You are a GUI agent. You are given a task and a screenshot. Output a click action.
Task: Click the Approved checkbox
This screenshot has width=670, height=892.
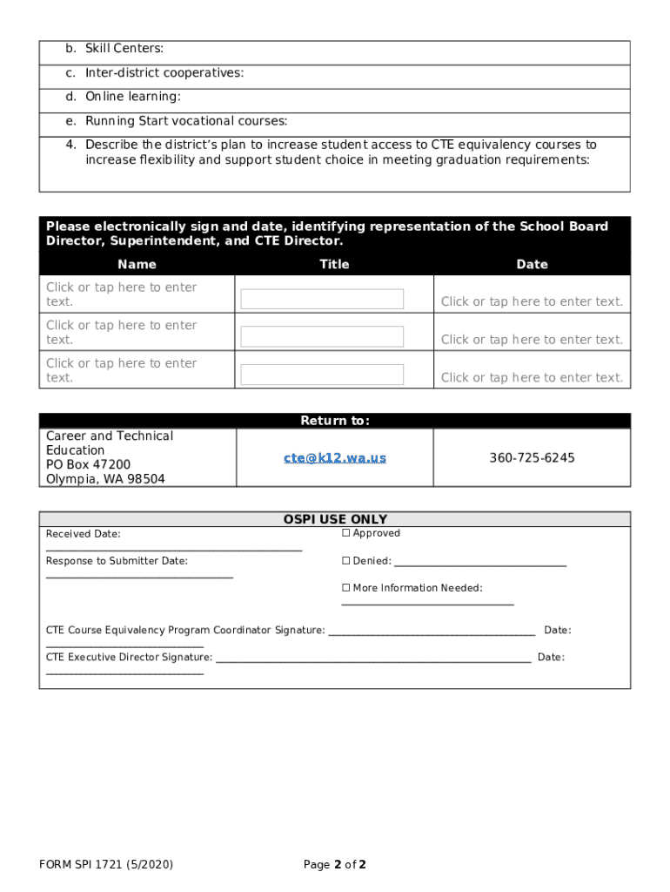(x=345, y=533)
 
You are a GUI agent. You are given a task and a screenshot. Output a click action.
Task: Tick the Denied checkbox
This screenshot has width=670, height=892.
(x=345, y=561)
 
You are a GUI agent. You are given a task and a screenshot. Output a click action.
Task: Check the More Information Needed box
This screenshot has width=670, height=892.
(x=345, y=588)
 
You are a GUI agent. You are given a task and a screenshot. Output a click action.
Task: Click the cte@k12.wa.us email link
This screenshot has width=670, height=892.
(x=334, y=457)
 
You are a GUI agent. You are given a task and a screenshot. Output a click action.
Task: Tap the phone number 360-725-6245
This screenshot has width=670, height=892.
(x=532, y=457)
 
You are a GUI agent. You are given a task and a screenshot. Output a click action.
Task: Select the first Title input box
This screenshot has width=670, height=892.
(x=322, y=299)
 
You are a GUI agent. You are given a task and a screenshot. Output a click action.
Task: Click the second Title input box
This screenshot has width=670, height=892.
(x=322, y=336)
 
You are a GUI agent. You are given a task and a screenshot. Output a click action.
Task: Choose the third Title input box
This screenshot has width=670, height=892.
(x=322, y=375)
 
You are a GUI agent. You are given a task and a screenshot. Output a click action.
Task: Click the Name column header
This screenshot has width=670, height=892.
(x=137, y=264)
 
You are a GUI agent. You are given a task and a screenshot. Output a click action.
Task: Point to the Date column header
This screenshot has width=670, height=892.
(x=532, y=264)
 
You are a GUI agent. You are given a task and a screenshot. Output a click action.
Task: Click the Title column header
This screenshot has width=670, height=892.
(x=334, y=264)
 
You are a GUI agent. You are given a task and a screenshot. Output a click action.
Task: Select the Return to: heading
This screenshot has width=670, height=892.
(x=335, y=421)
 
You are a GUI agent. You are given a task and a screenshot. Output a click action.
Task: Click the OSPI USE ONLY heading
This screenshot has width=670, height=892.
(x=335, y=519)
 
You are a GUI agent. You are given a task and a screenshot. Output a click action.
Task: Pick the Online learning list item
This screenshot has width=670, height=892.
(x=132, y=97)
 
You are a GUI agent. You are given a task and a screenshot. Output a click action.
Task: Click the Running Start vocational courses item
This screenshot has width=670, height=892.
(x=185, y=121)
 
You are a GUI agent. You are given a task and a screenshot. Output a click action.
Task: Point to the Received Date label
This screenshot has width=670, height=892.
(x=84, y=534)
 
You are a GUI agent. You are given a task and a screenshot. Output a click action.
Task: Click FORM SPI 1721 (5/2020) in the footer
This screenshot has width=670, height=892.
(x=106, y=864)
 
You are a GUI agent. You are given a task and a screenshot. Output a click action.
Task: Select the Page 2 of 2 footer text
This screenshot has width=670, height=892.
(x=335, y=864)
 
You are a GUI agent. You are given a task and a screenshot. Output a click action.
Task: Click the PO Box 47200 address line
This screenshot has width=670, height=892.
(x=88, y=464)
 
